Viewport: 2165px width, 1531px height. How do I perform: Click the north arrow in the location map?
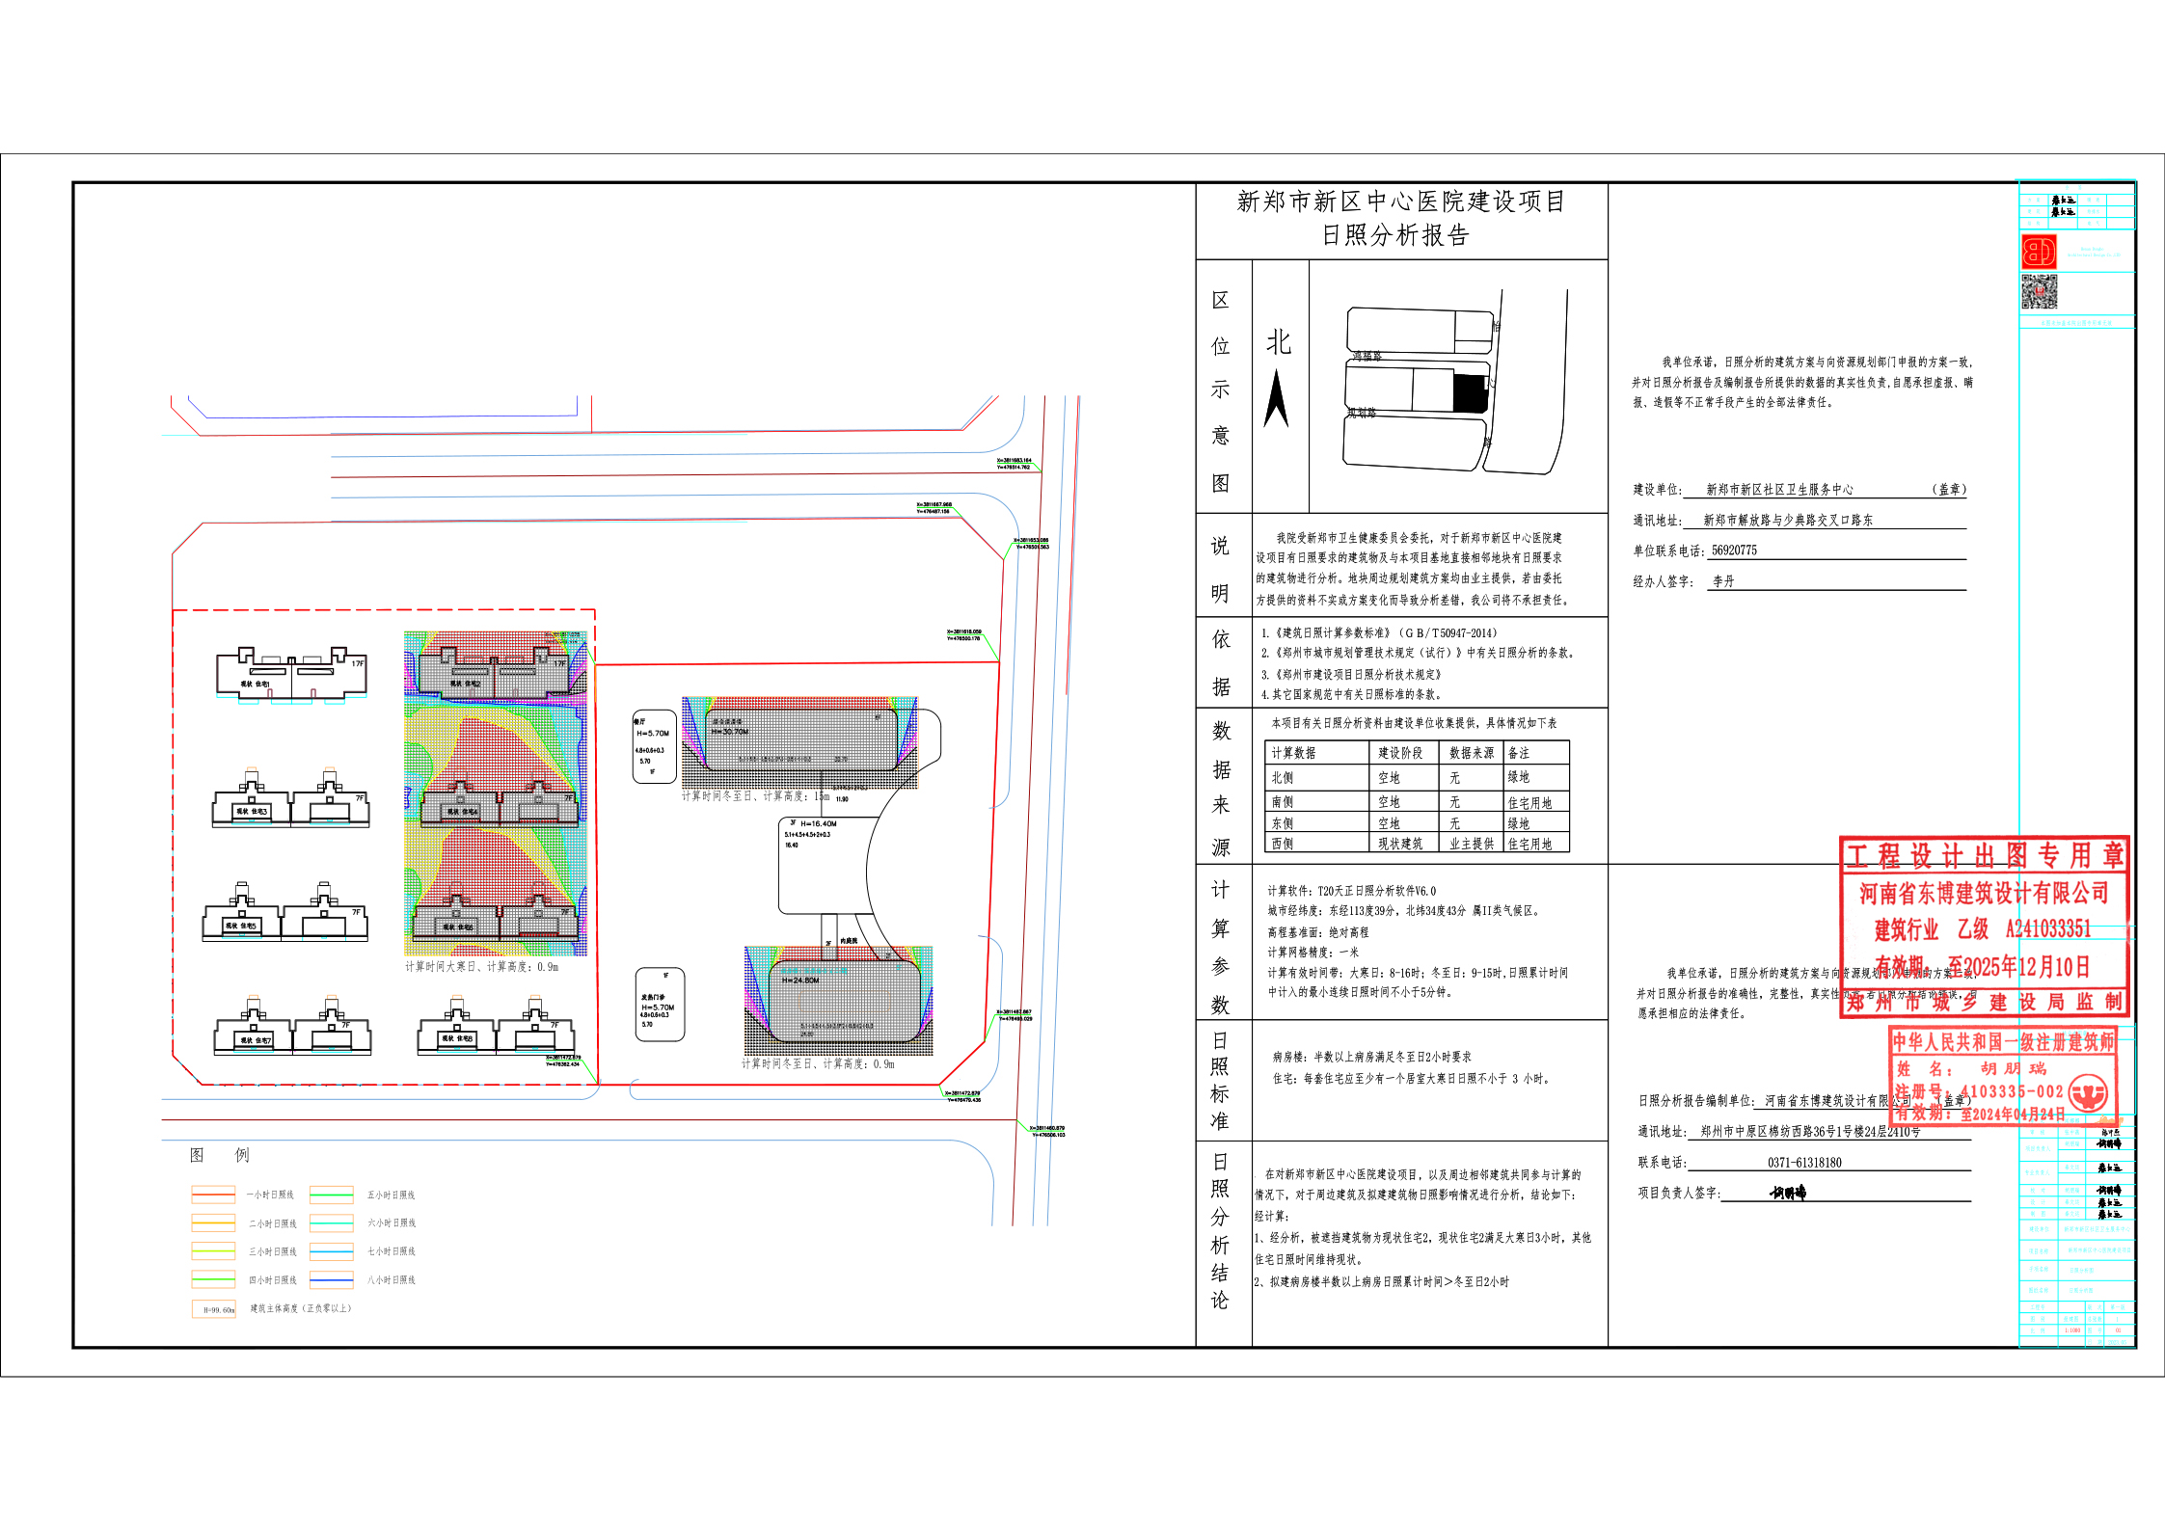point(1276,398)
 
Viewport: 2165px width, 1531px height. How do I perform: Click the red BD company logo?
point(2039,253)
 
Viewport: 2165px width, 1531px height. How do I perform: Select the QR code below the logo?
point(2039,291)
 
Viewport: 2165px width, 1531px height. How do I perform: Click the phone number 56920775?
point(1734,551)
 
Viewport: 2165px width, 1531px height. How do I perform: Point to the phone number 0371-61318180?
point(1804,1163)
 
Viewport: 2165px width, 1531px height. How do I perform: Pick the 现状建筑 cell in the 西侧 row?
point(1400,845)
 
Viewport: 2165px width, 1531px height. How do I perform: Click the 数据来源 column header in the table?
point(1472,753)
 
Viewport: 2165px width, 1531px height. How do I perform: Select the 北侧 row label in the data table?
point(1283,778)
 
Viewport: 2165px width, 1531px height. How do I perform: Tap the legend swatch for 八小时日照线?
point(331,1280)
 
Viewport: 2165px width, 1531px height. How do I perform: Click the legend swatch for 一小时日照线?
point(213,1195)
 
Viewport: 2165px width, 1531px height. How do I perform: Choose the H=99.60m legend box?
point(214,1309)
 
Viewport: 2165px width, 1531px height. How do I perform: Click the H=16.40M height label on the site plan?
point(818,824)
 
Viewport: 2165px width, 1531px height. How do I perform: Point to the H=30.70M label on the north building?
point(730,732)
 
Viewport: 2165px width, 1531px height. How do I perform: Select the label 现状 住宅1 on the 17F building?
point(256,685)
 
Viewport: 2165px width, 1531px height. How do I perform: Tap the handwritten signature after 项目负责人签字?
point(1788,1194)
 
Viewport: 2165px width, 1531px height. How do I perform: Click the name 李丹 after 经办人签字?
point(1723,582)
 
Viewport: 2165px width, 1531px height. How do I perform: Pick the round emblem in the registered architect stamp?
point(2089,1093)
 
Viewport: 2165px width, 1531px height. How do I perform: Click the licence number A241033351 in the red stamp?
point(2048,929)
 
